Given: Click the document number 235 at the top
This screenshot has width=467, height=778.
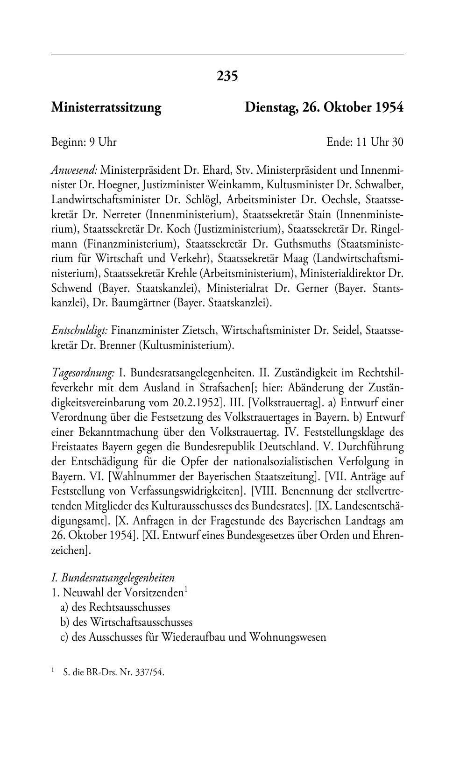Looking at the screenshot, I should pyautogui.click(x=227, y=76).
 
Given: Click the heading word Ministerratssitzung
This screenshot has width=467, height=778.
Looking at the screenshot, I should pyautogui.click(x=106, y=108).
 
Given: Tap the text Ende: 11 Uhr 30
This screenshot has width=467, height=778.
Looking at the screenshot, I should pyautogui.click(x=365, y=142).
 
